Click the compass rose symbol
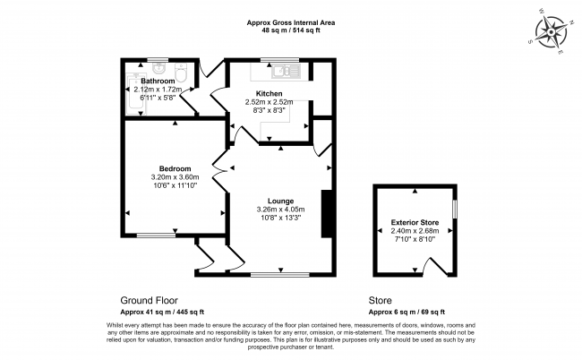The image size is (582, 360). (x=551, y=32)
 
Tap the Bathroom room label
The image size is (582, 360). (x=158, y=81)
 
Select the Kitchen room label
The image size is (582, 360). (x=270, y=93)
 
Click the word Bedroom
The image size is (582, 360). (x=175, y=169)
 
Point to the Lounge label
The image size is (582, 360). (x=280, y=201)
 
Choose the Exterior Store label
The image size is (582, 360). (x=415, y=223)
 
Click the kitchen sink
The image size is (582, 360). (x=286, y=72)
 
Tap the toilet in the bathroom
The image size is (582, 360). (x=182, y=73)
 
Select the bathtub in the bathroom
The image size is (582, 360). (x=137, y=95)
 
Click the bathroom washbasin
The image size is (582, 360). (x=158, y=67)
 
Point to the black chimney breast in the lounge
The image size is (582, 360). (x=326, y=214)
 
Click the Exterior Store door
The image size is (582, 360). (x=435, y=267)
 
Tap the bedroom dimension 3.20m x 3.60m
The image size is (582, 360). (x=175, y=177)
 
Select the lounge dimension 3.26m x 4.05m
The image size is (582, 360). (x=280, y=210)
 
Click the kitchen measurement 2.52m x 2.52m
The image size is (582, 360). (x=270, y=102)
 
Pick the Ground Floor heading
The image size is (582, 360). (x=150, y=300)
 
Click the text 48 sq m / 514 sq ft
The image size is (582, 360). (x=291, y=30)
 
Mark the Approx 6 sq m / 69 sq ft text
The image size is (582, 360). (x=407, y=313)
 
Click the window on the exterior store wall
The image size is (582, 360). (x=454, y=209)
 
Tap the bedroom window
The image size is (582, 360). (x=156, y=236)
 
